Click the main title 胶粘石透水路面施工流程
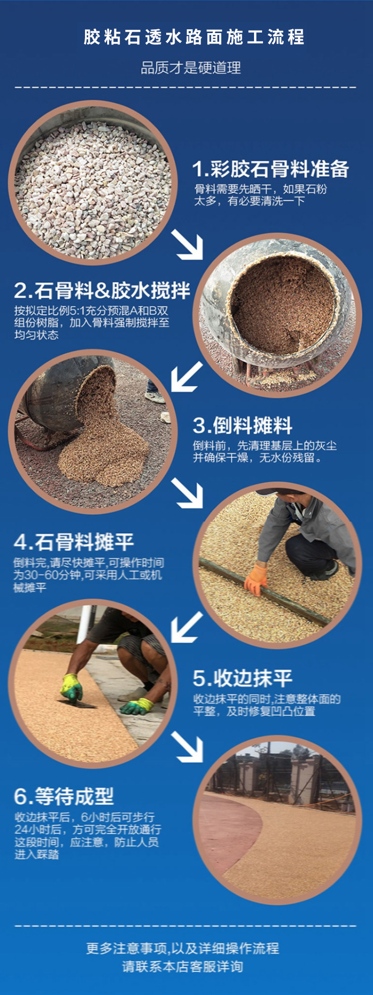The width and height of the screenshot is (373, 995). (x=194, y=37)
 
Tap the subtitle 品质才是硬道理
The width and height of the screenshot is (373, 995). (x=191, y=68)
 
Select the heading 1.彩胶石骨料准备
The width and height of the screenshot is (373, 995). (x=271, y=169)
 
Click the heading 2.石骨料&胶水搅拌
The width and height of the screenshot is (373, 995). (x=102, y=291)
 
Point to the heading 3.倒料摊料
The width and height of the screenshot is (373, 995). (x=243, y=426)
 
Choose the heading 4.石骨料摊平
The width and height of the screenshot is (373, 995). (x=74, y=542)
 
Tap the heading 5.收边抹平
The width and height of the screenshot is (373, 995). (x=243, y=678)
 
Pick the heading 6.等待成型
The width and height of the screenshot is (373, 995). (x=64, y=797)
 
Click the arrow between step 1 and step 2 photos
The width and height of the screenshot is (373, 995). (x=188, y=244)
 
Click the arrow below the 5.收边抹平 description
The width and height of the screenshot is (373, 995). (x=188, y=746)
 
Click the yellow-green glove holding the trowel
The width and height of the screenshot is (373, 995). (x=72, y=688)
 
